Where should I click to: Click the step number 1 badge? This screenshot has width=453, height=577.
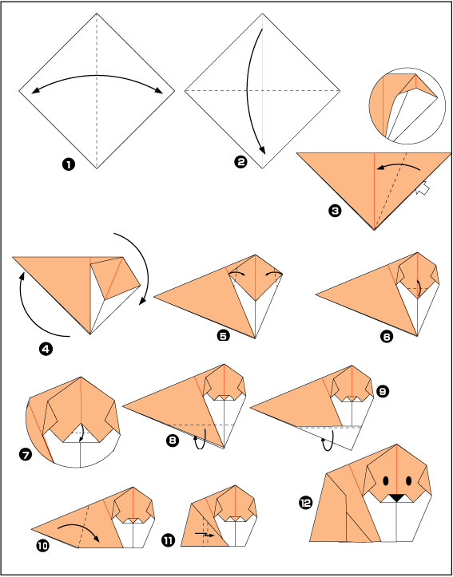pyautogui.click(x=69, y=164)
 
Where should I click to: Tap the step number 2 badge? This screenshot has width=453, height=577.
pyautogui.click(x=240, y=162)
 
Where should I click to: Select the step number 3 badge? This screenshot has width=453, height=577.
pyautogui.click(x=335, y=211)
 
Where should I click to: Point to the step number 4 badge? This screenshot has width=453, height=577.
pyautogui.click(x=46, y=350)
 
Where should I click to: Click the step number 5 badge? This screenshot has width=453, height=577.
pyautogui.click(x=224, y=335)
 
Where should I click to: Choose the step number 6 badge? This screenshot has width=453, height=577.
pyautogui.click(x=387, y=336)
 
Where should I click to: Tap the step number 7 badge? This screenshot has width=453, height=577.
pyautogui.click(x=26, y=455)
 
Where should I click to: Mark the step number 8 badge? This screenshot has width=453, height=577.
pyautogui.click(x=173, y=441)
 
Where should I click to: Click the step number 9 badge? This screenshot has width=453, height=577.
pyautogui.click(x=382, y=392)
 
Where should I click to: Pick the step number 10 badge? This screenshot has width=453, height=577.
pyautogui.click(x=42, y=546)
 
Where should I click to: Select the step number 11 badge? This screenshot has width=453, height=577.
pyautogui.click(x=168, y=540)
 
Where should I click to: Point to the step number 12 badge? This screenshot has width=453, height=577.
pyautogui.click(x=306, y=502)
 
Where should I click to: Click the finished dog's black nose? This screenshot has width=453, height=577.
pyautogui.click(x=396, y=498)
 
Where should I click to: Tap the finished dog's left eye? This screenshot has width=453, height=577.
pyautogui.click(x=386, y=480)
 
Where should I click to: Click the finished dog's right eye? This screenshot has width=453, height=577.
pyautogui.click(x=408, y=480)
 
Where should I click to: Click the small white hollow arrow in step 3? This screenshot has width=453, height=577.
pyautogui.click(x=423, y=188)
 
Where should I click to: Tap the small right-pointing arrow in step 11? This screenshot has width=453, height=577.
pyautogui.click(x=204, y=533)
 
